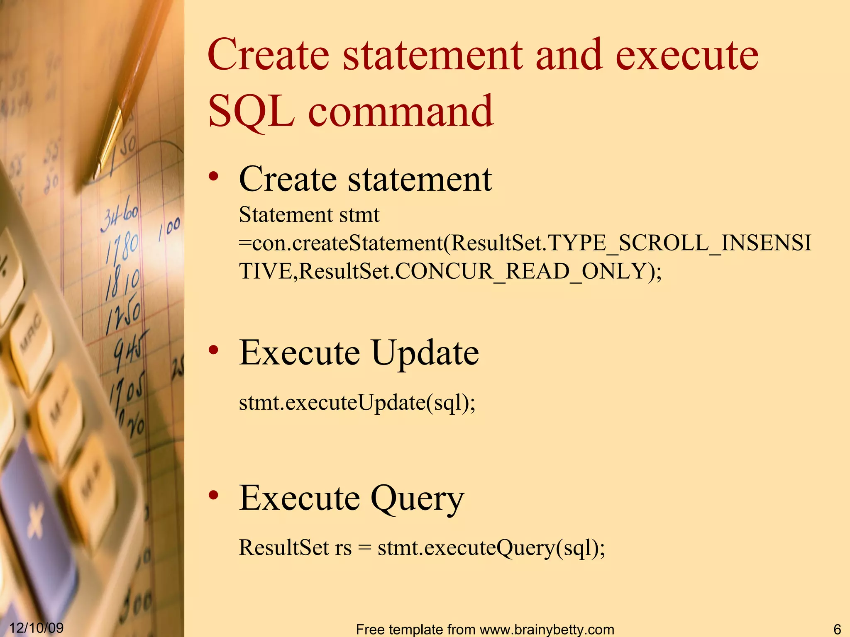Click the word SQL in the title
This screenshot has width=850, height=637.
(x=251, y=111)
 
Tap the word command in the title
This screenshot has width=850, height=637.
(x=400, y=111)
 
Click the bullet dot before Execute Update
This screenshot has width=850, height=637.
(x=214, y=351)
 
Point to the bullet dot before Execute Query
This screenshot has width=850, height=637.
(x=214, y=496)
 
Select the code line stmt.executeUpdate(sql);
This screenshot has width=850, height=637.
(x=357, y=403)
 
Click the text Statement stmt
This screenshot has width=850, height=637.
(x=309, y=215)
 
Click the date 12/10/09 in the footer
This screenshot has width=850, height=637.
(x=36, y=628)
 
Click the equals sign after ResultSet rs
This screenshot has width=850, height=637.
(x=364, y=548)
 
